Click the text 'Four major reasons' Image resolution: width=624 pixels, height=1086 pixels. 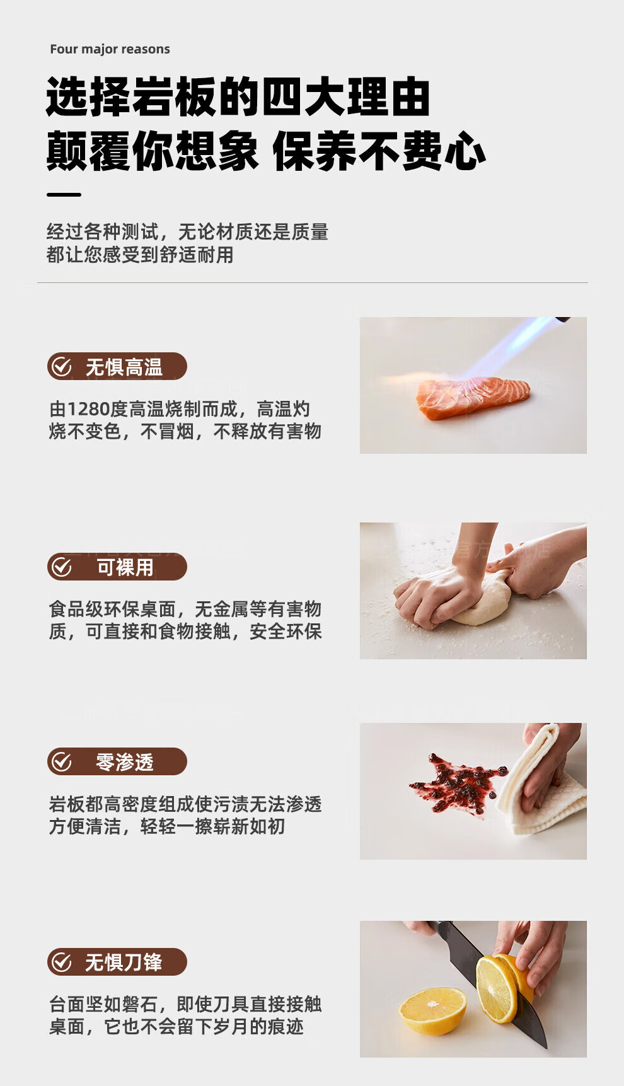[110, 49]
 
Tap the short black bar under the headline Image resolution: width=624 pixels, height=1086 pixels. [64, 195]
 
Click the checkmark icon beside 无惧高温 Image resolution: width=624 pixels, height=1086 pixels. [62, 366]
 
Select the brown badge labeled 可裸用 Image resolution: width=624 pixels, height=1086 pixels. [117, 567]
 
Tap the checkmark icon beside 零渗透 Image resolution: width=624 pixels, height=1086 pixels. [62, 761]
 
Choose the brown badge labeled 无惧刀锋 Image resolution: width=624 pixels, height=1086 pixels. [117, 962]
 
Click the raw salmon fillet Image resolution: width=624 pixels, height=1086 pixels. [471, 397]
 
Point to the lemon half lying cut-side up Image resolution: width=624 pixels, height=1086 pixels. [433, 1011]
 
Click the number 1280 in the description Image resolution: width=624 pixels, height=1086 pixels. [89, 409]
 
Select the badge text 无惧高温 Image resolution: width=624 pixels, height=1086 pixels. [124, 367]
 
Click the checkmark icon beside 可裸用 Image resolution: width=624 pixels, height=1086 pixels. [62, 567]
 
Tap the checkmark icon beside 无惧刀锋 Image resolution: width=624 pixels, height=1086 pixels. [62, 962]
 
